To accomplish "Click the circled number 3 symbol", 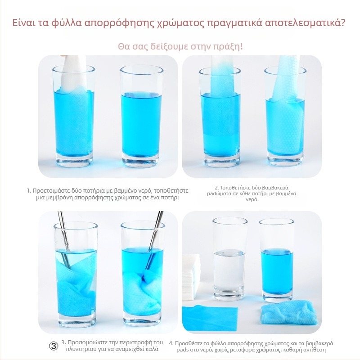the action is [54, 346].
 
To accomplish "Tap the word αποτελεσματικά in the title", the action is [305, 23].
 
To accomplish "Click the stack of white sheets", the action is [191, 276].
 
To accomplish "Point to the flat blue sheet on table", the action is [210, 318].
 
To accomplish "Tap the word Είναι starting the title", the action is [23, 23].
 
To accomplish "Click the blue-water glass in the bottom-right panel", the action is [277, 261].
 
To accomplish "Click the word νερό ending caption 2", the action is [252, 199].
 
